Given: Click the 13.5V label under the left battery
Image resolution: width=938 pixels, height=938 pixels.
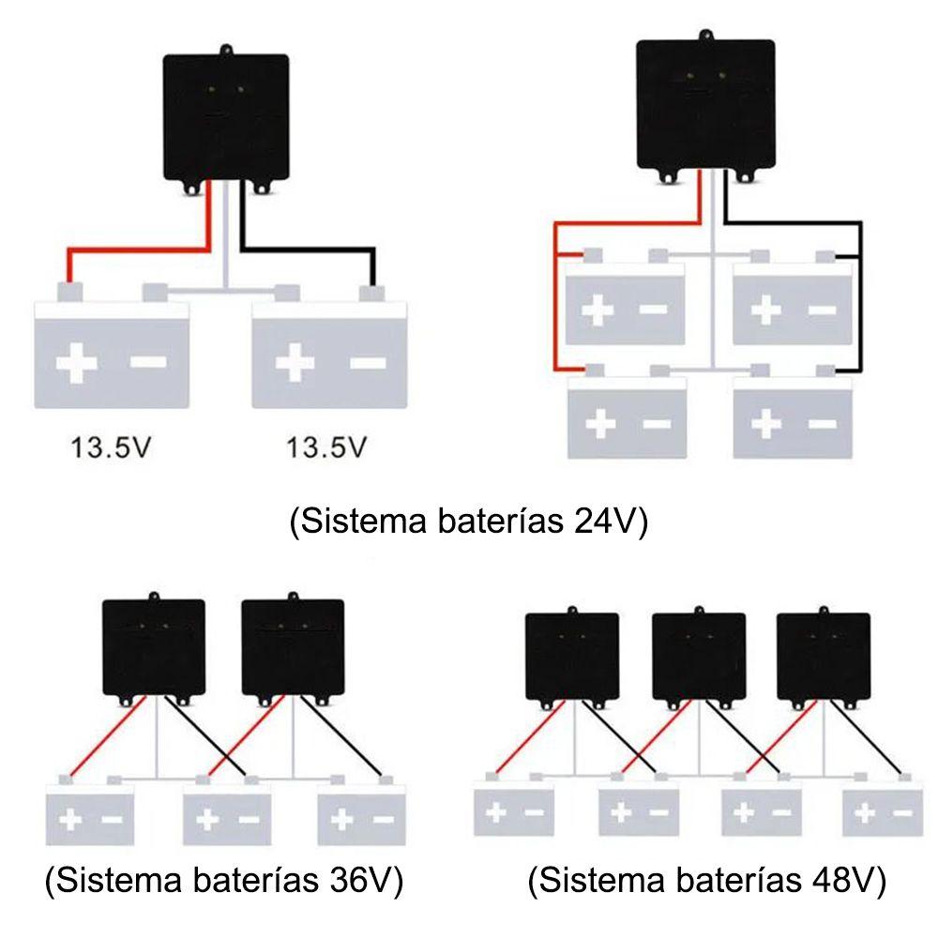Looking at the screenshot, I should tap(110, 447).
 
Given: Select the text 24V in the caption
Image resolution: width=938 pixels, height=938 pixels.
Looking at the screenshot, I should tap(602, 522).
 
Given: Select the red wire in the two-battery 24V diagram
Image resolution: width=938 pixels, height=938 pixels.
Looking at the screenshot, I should tap(141, 250).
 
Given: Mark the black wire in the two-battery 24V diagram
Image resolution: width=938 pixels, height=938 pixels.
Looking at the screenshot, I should tap(310, 250).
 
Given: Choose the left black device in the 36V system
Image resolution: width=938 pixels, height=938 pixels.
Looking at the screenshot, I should tap(153, 645).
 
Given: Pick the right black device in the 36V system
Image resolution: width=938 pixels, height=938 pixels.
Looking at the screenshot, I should tap(292, 645).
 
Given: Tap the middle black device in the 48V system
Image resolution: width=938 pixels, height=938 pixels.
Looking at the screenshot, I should tap(698, 655).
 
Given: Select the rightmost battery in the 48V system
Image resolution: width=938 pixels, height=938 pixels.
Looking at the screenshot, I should tap(882, 811).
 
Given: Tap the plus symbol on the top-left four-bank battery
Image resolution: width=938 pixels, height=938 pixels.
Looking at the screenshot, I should tap(598, 310).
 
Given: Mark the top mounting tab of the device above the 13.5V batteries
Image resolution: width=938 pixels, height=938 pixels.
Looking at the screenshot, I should tap(225, 50).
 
